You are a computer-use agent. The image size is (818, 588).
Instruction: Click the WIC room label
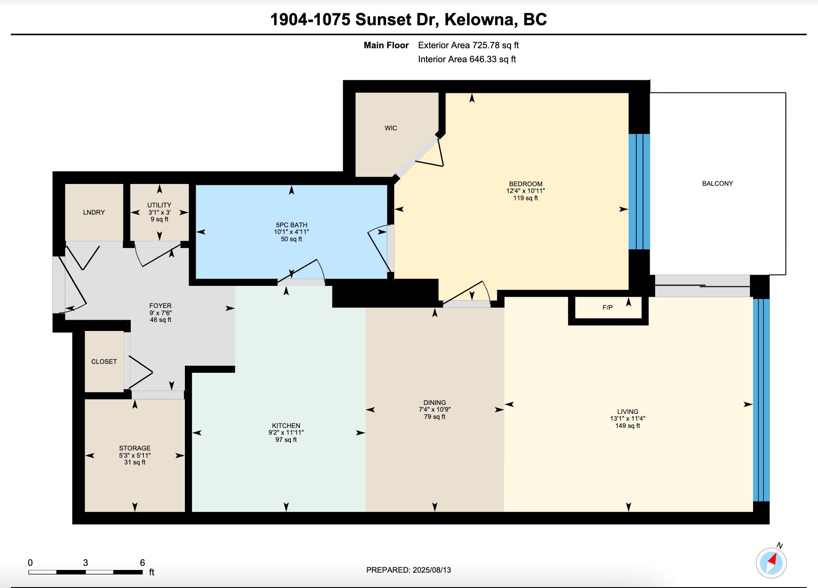point(391,128)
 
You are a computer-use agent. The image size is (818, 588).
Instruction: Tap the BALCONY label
point(717,184)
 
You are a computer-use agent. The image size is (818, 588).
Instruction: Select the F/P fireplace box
point(608,311)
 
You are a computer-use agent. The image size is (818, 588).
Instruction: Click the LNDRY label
point(94,212)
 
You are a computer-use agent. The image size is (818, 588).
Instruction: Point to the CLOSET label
point(104,362)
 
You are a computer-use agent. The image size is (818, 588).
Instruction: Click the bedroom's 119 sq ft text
point(525,198)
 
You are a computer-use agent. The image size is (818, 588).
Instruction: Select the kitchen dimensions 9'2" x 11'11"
point(286,432)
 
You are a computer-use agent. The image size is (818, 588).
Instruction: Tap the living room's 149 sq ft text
point(627,426)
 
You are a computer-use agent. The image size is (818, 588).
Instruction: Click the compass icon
point(771,562)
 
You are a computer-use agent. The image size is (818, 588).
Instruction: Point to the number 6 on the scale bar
point(142,562)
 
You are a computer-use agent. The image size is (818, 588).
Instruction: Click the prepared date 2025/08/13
point(432,570)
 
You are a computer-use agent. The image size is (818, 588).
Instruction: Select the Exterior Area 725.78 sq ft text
point(469,45)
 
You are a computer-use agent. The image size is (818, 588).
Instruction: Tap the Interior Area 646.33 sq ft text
point(467,59)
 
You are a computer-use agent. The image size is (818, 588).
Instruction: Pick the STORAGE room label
point(135,448)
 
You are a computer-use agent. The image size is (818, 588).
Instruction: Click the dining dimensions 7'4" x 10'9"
point(434,409)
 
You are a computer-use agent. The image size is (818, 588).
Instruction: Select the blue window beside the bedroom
point(639,192)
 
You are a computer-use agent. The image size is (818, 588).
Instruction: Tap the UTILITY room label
point(159,205)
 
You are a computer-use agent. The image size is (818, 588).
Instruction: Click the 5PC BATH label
point(291,225)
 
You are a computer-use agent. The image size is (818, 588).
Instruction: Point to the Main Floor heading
point(386,45)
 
